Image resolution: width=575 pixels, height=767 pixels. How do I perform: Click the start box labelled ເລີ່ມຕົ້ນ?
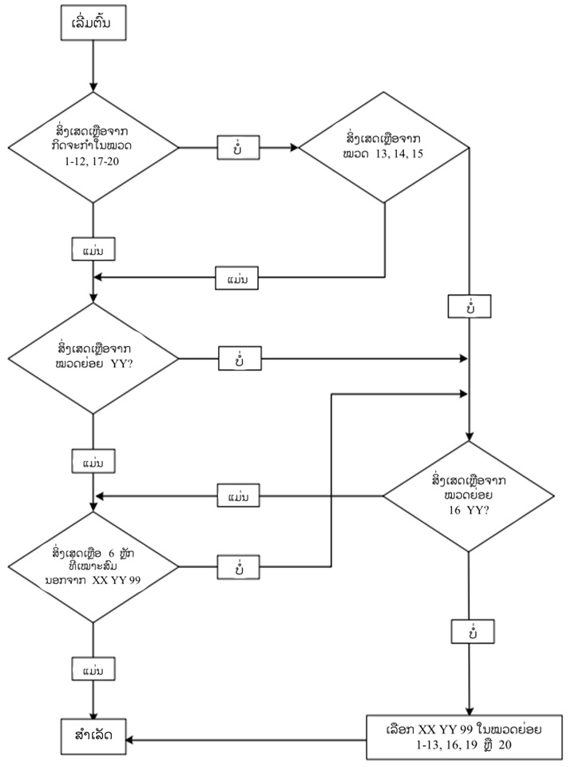(94, 26)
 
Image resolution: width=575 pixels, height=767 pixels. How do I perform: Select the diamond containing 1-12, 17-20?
(94, 148)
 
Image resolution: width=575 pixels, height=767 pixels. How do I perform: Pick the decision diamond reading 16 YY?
(468, 496)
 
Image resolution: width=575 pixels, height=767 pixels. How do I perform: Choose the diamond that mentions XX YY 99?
(94, 566)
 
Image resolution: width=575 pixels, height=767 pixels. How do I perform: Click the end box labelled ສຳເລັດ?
(94, 737)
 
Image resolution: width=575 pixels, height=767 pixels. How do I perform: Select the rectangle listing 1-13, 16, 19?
(467, 737)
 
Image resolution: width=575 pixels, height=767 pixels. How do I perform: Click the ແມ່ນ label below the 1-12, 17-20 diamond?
(94, 249)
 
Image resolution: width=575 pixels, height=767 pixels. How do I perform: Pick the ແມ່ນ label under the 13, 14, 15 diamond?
(238, 279)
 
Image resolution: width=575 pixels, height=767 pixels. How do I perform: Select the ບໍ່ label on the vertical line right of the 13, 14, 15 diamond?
(468, 306)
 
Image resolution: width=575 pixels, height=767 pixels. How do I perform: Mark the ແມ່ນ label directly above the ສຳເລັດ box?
(94, 666)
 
